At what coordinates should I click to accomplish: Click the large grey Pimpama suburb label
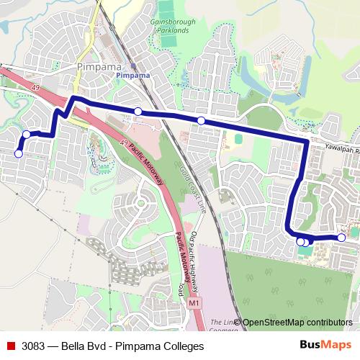(x=94, y=67)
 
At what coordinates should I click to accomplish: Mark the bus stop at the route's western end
(x=19, y=153)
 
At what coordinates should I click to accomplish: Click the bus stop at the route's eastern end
(x=341, y=238)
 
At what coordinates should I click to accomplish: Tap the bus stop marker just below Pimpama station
(x=138, y=111)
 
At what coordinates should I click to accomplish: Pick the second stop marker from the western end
(x=27, y=134)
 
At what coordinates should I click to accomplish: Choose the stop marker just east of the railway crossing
(x=201, y=120)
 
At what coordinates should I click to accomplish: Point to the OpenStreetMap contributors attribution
(x=297, y=323)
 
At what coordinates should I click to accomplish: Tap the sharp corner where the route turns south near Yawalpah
(x=307, y=142)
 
